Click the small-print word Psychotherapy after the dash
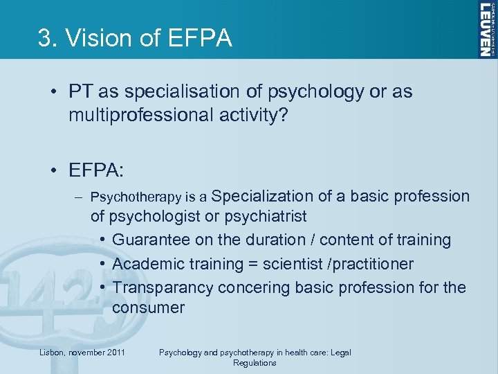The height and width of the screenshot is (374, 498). point(139,198)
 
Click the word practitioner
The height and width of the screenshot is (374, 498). point(373,264)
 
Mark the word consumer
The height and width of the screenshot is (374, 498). point(148,308)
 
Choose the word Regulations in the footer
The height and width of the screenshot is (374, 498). point(255,363)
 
